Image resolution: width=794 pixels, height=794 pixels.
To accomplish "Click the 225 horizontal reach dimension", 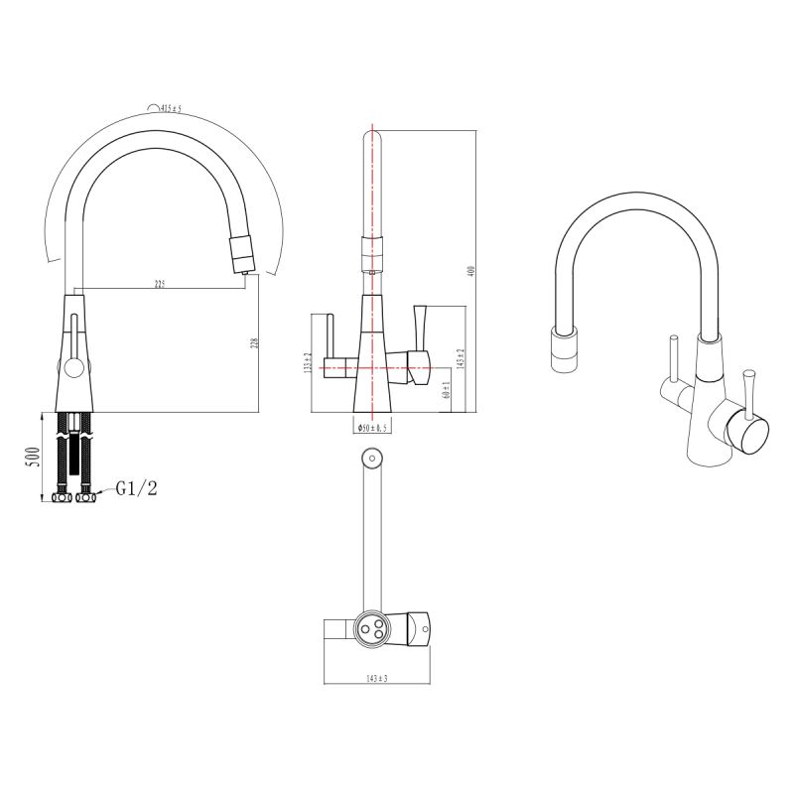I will click(x=159, y=285).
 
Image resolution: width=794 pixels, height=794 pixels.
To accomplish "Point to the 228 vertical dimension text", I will click(x=255, y=343).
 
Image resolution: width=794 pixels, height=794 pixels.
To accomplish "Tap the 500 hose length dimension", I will click(x=32, y=457).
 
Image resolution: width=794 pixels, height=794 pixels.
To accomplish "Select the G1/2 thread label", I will click(x=135, y=488).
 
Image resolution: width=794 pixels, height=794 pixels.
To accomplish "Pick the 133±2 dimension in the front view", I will click(x=310, y=363).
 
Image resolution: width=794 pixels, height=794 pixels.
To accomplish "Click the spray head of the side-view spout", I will click(x=240, y=254).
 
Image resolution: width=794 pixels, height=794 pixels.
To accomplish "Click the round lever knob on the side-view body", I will click(x=72, y=369).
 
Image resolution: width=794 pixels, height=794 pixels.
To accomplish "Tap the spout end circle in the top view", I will click(x=372, y=459).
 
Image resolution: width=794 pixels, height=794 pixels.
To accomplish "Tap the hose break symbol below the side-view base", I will click(x=72, y=436).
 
